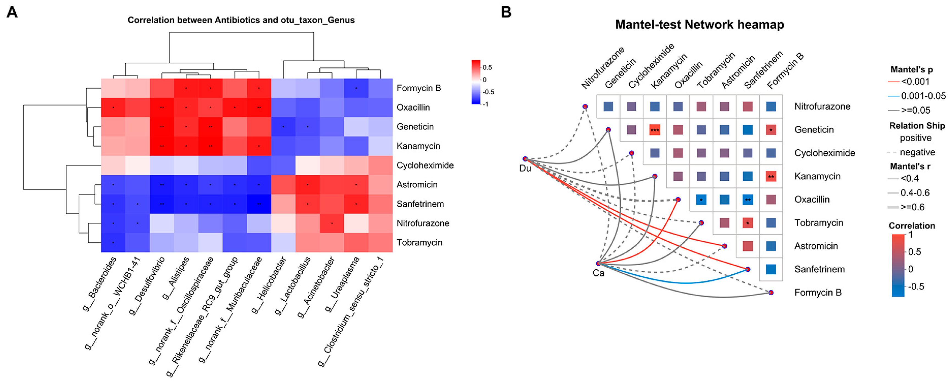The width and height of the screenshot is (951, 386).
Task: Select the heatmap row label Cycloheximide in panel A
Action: (x=425, y=165)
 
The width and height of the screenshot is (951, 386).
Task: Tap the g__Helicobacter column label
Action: (x=270, y=284)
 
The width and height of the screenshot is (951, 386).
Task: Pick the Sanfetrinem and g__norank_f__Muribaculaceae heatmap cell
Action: (x=259, y=204)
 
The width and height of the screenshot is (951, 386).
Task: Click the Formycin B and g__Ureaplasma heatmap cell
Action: (x=356, y=88)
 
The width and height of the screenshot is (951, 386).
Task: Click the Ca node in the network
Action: (x=598, y=263)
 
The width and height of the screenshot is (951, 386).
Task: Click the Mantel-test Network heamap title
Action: (x=699, y=25)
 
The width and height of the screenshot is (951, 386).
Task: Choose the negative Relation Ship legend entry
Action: (x=917, y=152)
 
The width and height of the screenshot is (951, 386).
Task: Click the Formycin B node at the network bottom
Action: (x=771, y=292)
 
